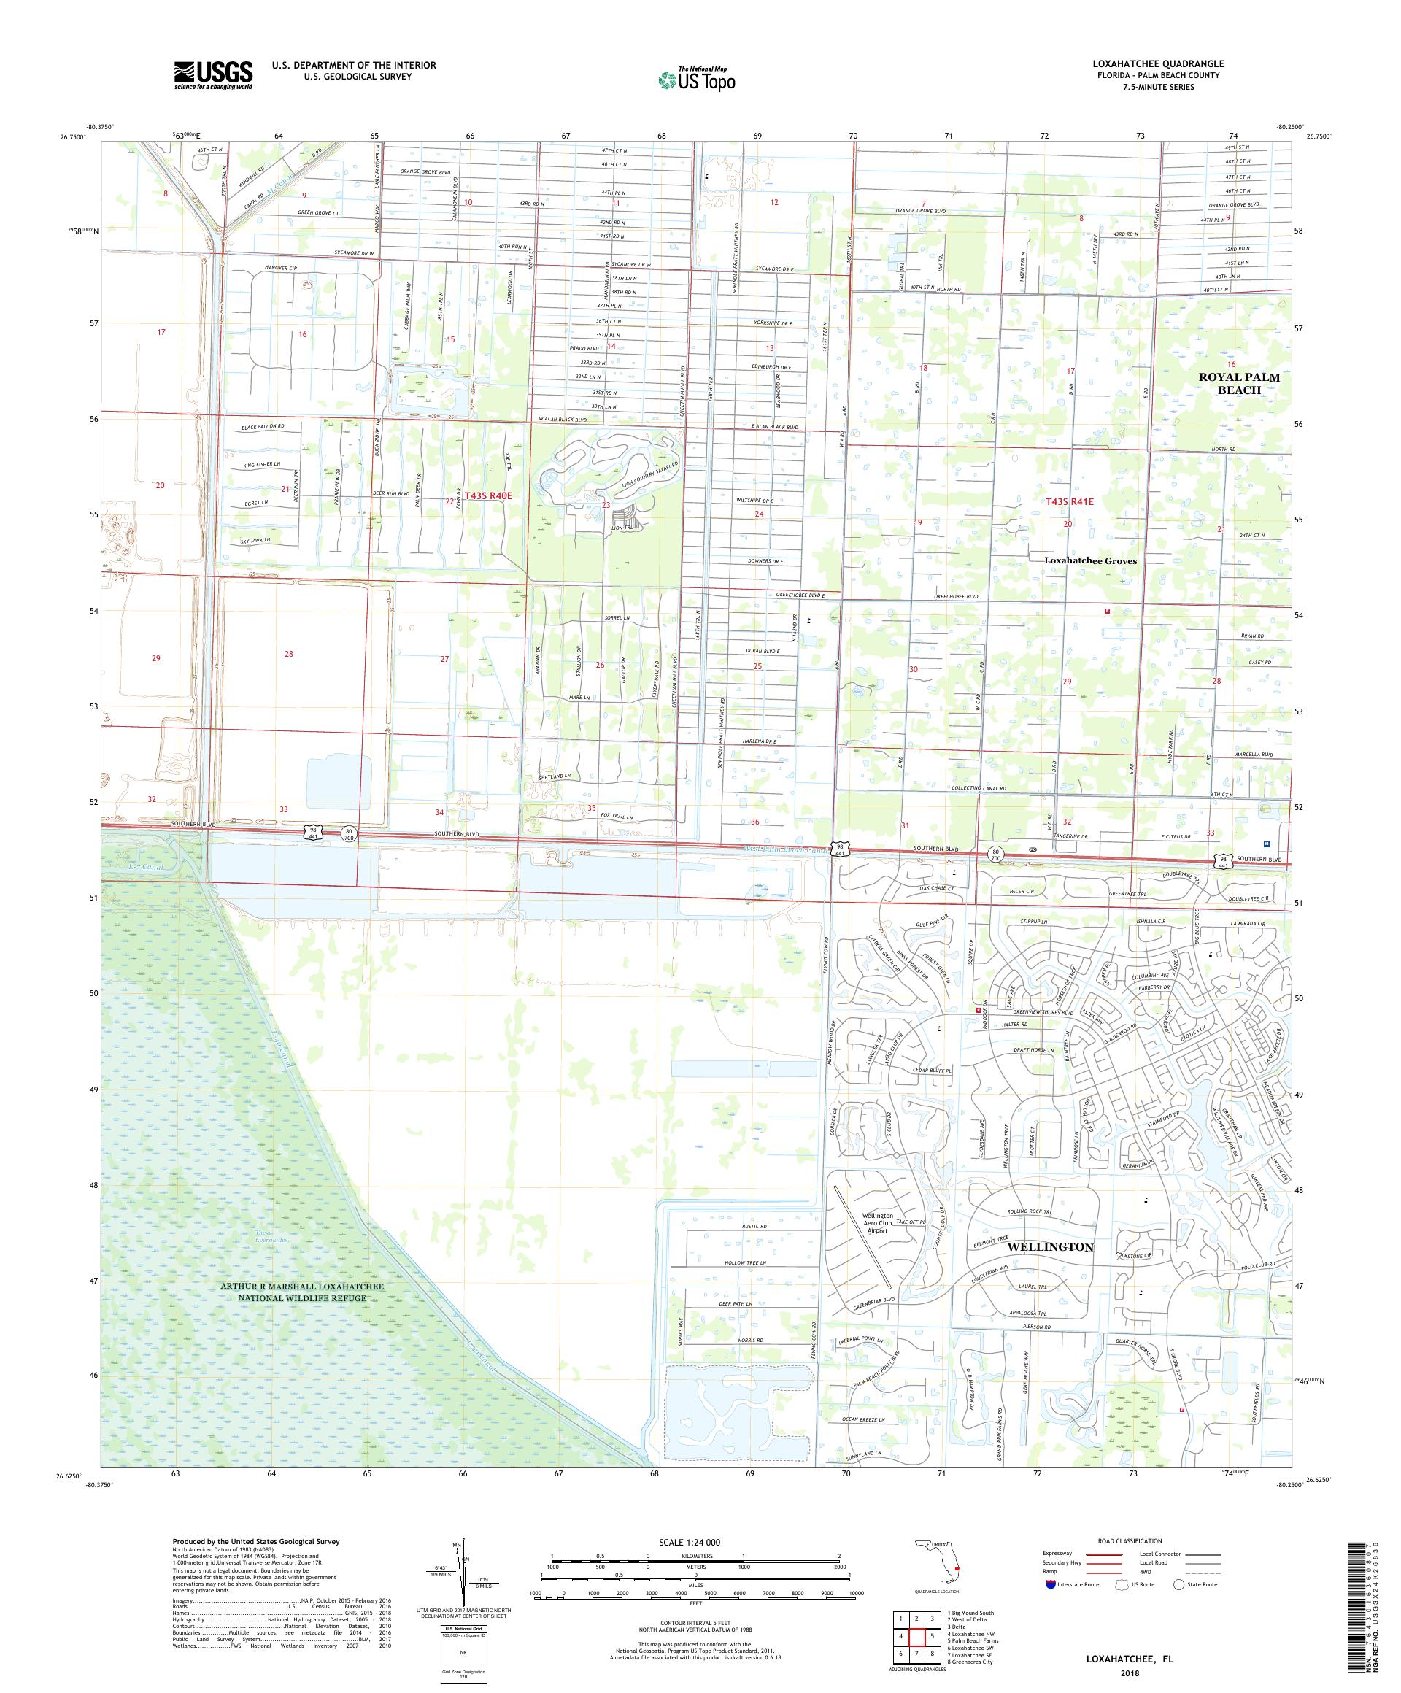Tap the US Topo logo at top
click(x=698, y=79)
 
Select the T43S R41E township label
click(x=1069, y=501)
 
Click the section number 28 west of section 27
click(x=288, y=654)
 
